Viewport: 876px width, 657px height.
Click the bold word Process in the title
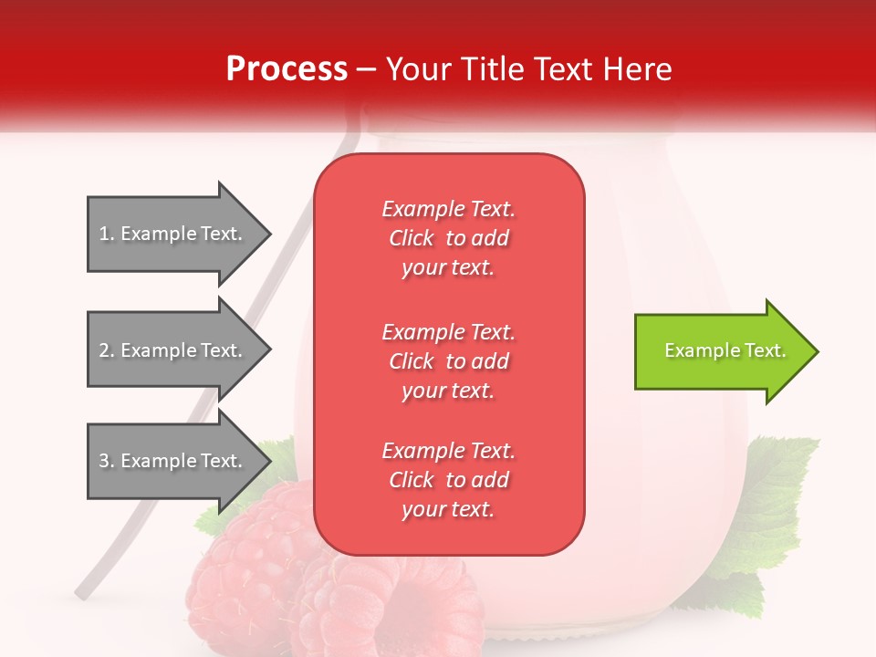pyautogui.click(x=287, y=69)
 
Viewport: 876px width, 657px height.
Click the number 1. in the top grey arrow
pyautogui.click(x=106, y=234)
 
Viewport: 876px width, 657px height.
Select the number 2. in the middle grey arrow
pyautogui.click(x=106, y=350)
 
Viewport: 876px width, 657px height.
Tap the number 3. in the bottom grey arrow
pyautogui.click(x=106, y=461)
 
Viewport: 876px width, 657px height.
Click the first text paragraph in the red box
pyautogui.click(x=448, y=238)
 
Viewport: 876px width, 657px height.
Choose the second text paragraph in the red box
pyautogui.click(x=448, y=361)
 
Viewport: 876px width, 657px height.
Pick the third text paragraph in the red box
pyautogui.click(x=448, y=480)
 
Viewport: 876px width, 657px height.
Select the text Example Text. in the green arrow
pyautogui.click(x=725, y=350)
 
